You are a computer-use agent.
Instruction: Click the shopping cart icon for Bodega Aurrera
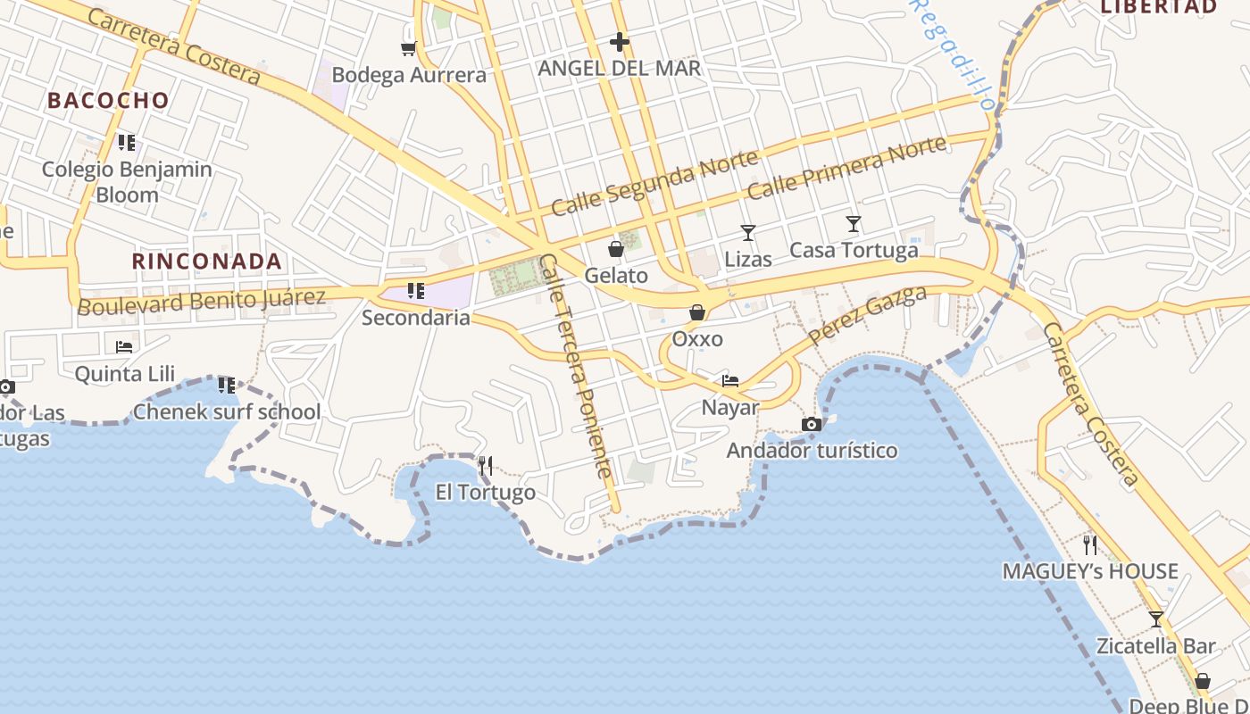click(408, 48)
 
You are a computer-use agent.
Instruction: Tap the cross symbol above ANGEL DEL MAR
click(620, 42)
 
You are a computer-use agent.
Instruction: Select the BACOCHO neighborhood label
click(108, 100)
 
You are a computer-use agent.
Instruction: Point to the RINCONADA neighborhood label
click(207, 262)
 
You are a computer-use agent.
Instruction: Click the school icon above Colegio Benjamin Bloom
click(127, 143)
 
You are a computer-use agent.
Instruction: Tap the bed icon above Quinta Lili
click(124, 346)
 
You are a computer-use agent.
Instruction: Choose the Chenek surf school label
click(226, 412)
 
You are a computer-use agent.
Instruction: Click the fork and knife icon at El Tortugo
click(485, 465)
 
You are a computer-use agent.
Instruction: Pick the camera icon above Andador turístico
click(811, 425)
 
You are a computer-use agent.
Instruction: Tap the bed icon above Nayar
click(730, 381)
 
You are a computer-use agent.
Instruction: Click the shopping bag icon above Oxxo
click(696, 312)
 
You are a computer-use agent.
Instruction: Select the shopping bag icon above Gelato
click(615, 249)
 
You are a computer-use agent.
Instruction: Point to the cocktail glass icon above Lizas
click(748, 233)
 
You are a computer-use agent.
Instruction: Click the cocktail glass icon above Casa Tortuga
click(854, 223)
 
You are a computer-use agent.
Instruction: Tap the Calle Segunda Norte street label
click(654, 183)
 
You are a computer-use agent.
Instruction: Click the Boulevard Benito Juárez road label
click(202, 301)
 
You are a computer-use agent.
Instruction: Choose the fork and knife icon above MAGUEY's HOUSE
click(1089, 544)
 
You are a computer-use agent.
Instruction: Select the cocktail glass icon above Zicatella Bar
click(1156, 619)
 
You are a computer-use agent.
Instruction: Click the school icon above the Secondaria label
click(415, 291)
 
